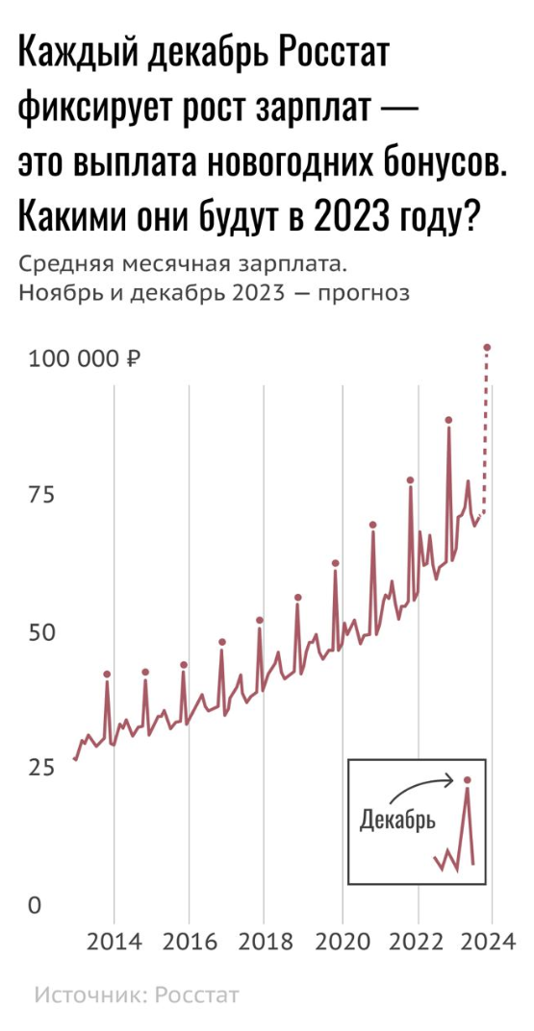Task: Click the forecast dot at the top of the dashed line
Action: [487, 347]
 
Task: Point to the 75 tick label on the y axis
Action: [41, 495]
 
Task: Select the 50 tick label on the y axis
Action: [41, 633]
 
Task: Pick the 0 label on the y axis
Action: [34, 905]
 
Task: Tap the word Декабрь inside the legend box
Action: [397, 820]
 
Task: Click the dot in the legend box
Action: [468, 780]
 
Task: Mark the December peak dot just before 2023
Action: [448, 420]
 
